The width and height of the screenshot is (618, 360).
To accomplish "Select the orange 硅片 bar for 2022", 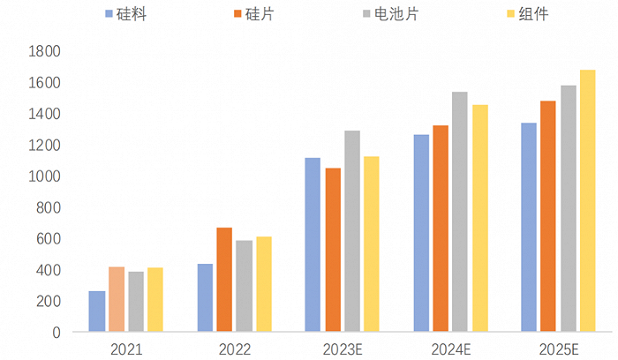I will [x=224, y=280].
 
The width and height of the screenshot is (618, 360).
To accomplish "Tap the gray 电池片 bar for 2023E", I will [x=352, y=231].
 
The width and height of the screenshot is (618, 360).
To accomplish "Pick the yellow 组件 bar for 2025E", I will [x=587, y=201].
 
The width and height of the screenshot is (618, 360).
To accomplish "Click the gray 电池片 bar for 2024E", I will [x=460, y=212].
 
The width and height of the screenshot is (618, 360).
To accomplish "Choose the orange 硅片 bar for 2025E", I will [x=548, y=216].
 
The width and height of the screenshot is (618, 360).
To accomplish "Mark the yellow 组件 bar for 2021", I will [x=155, y=300].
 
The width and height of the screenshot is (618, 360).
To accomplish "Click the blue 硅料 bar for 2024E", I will [x=421, y=233].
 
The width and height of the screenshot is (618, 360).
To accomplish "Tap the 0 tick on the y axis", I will [x=55, y=333].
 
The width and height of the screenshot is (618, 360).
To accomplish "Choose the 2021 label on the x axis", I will [x=126, y=349].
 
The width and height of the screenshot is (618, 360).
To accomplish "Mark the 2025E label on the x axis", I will [x=558, y=349].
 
